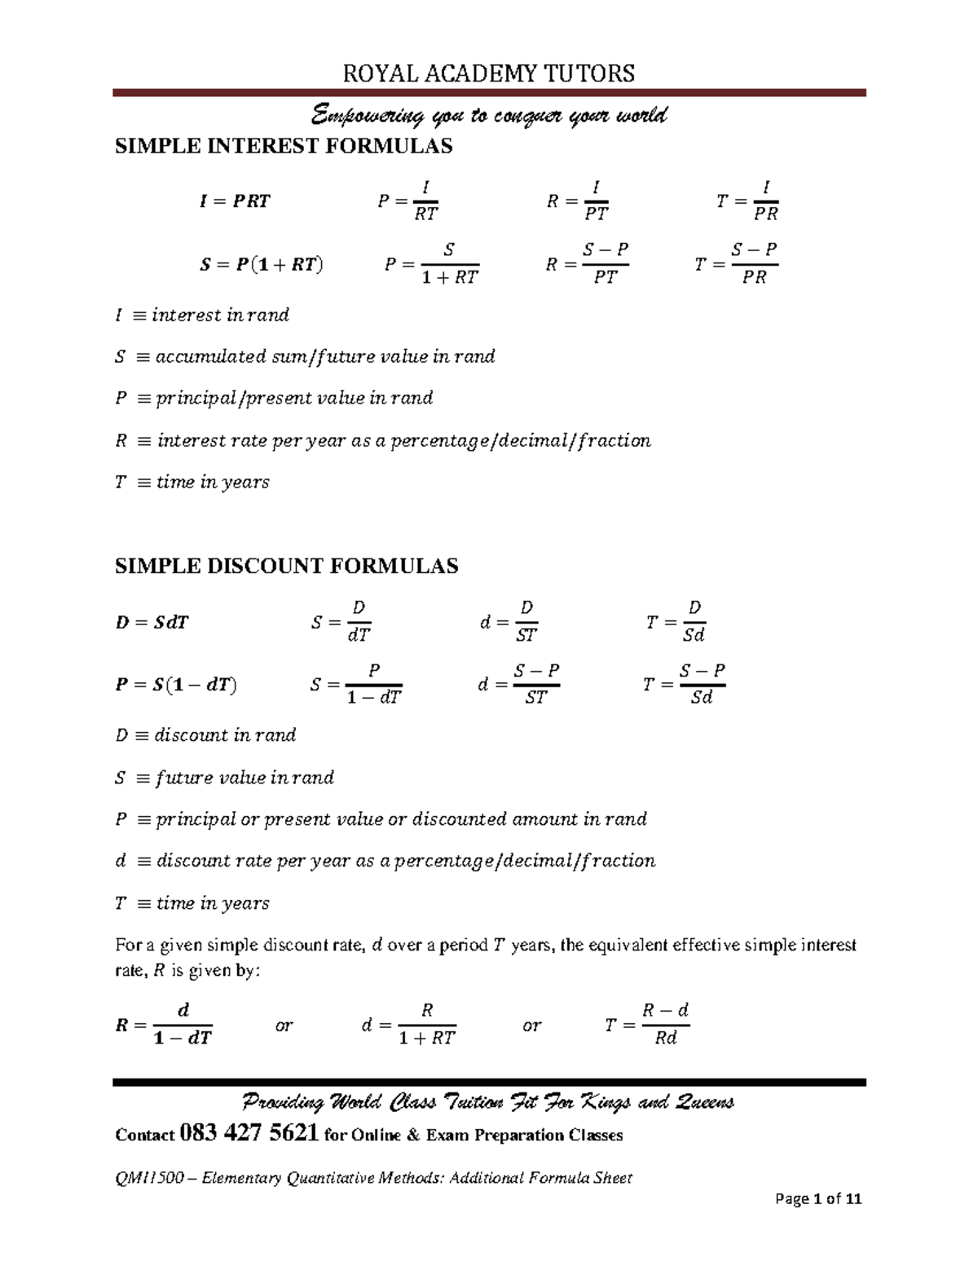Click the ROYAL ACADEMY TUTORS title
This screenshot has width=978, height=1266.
pos(488,74)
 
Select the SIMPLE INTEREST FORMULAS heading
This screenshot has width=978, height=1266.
pos(284,147)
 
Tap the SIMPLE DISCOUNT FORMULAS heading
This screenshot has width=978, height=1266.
pos(287,567)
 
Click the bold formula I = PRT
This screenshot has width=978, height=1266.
pos(235,201)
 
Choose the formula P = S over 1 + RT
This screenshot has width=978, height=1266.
pos(431,264)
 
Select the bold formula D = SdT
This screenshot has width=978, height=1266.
pos(153,623)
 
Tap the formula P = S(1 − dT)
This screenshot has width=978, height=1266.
pos(176,686)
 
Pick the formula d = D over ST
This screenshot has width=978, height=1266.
pos(509,622)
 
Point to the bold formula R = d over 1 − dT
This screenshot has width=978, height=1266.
pos(164,1025)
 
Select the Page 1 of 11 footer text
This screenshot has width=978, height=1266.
pos(818,1199)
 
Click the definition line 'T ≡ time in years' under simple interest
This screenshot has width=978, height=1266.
pos(192,483)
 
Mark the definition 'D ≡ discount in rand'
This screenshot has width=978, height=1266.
pos(205,735)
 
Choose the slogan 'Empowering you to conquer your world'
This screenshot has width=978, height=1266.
pos(488,116)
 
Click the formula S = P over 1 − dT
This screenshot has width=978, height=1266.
pos(356,685)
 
